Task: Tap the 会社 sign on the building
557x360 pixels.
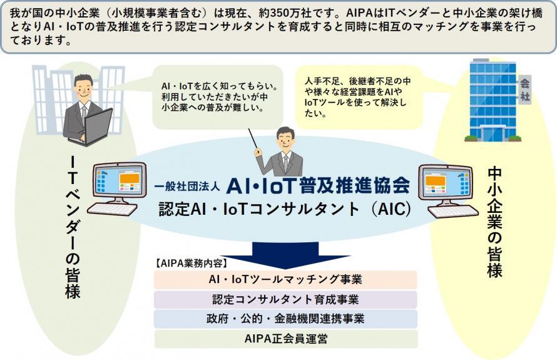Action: tap(524, 90)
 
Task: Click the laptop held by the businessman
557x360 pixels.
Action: tap(93, 126)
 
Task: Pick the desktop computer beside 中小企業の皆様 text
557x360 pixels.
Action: tap(448, 190)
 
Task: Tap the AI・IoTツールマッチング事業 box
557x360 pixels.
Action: tap(285, 280)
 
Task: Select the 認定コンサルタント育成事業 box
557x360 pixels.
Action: tap(285, 300)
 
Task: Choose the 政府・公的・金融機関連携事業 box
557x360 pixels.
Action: tap(285, 319)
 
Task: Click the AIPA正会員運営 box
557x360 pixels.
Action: tap(286, 339)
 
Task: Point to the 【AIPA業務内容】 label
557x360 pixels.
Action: tap(192, 264)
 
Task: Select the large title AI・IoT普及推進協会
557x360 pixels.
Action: tap(319, 185)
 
